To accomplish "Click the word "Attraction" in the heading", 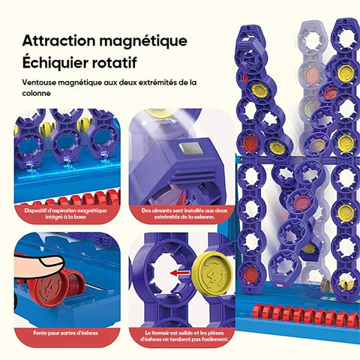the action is [59, 40].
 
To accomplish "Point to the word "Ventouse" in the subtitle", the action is [39, 82].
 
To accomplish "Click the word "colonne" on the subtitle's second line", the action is [36, 94].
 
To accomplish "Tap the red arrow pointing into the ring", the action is [180, 273].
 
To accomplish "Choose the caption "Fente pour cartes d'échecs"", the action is [65, 333].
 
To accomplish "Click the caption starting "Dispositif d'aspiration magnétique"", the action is [65, 214].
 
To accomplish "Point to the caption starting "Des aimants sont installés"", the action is [184, 214].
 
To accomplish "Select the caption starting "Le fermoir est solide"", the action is [184, 336].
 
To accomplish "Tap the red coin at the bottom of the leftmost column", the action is [250, 274].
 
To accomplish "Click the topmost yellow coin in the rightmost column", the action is [346, 73].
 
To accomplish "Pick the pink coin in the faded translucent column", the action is [310, 74].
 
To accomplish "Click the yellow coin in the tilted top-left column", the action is [260, 89].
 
